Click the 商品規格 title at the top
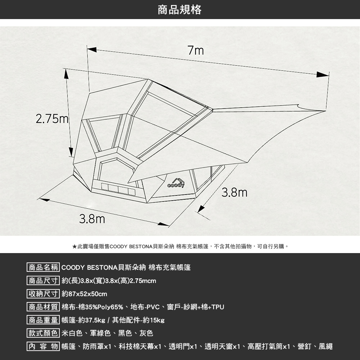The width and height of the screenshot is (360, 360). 180,10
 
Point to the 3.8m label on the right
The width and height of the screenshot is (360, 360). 234,193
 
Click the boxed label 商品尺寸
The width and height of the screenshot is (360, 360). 43,281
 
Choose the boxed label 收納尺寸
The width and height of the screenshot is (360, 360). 43,294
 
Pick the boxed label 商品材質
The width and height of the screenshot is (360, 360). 43,307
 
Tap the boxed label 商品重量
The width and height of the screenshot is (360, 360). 43,320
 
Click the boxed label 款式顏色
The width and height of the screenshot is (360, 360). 43,333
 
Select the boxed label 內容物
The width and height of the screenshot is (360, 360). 43,347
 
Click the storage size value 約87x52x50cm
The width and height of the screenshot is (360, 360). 85,294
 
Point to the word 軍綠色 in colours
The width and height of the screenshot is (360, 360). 101,333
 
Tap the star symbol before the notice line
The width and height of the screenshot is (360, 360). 74,247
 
